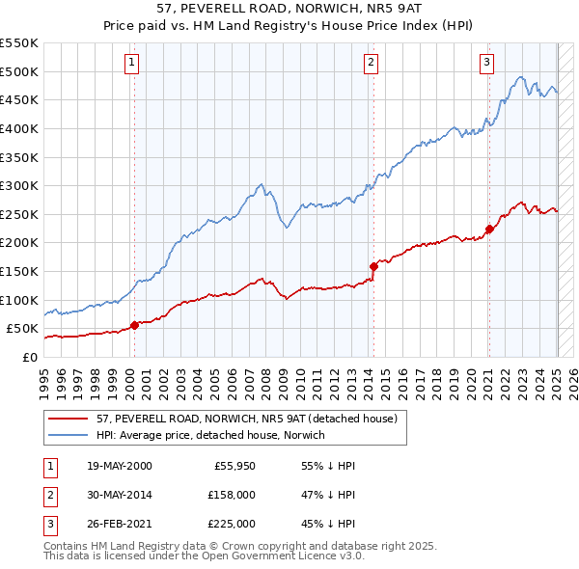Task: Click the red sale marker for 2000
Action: click(135, 325)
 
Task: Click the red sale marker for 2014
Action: click(372, 266)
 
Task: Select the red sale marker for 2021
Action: click(489, 229)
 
